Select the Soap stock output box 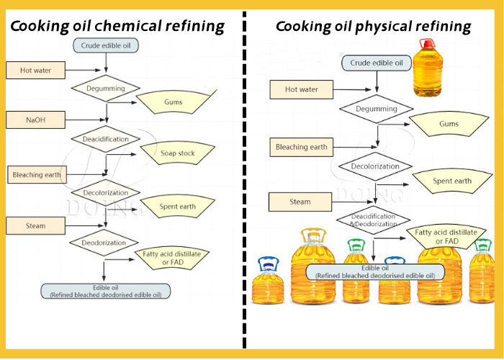[177, 153]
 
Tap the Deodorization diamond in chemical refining [104, 242]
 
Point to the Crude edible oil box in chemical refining [106, 45]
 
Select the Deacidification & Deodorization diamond [373, 220]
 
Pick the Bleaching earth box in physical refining [302, 147]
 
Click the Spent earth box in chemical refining [176, 207]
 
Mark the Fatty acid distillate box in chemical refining [171, 258]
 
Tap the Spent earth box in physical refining [452, 181]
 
